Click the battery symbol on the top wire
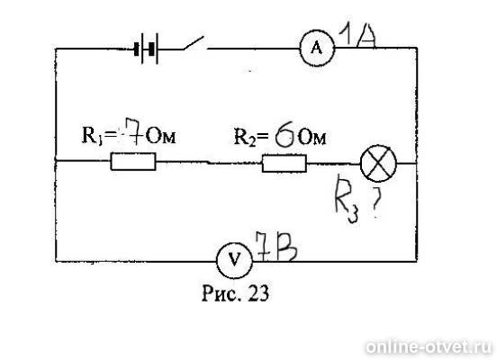point(147,49)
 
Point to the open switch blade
point(194,43)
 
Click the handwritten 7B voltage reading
point(276,247)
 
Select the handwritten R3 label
point(347,199)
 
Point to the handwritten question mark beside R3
point(375,202)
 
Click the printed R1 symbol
point(92,136)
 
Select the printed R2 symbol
point(245,138)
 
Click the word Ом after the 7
point(161,137)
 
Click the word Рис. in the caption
point(220,293)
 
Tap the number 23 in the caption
point(259,292)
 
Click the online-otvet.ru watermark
point(429,346)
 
